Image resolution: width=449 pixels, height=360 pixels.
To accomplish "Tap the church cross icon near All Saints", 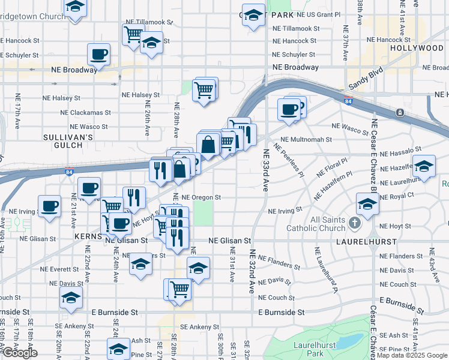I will (x=355, y=224).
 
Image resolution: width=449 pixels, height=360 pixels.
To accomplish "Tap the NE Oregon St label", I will (x=202, y=197).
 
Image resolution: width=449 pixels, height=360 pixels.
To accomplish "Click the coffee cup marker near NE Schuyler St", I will (x=99, y=55).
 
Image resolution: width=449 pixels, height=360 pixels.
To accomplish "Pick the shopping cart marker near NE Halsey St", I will (x=205, y=91).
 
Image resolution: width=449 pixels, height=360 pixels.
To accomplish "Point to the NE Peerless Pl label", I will (x=289, y=160).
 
